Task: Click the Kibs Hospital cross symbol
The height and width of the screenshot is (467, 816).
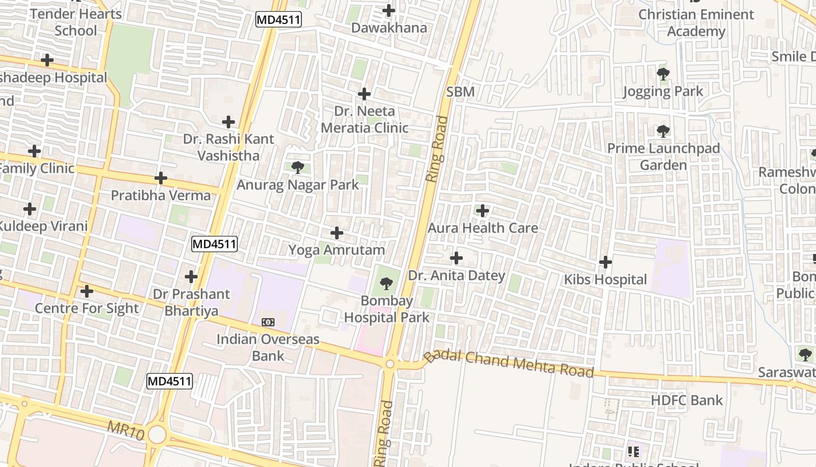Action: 606,262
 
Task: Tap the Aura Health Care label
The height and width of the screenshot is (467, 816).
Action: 483,228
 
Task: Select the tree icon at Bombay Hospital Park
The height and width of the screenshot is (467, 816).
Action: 385,284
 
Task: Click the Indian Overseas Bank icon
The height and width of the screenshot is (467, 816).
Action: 268,322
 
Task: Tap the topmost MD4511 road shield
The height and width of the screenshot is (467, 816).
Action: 279,20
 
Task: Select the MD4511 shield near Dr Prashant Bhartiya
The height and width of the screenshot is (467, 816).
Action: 214,244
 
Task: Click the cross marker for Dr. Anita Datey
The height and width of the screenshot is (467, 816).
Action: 456,257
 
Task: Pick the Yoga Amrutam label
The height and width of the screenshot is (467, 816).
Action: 336,250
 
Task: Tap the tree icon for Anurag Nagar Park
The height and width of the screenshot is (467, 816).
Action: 297,168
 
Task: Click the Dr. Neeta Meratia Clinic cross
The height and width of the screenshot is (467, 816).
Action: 364,93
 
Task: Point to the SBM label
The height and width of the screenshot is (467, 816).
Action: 460,92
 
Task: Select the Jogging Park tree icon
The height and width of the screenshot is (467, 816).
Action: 663,74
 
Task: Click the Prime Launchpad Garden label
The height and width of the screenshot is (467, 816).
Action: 663,156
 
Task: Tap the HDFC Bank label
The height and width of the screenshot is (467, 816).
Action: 686,400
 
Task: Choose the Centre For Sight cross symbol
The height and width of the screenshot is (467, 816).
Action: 87,291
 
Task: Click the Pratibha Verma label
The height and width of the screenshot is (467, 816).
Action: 161,195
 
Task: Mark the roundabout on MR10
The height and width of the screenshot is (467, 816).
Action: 157,434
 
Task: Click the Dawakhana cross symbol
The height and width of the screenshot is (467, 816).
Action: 389,11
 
